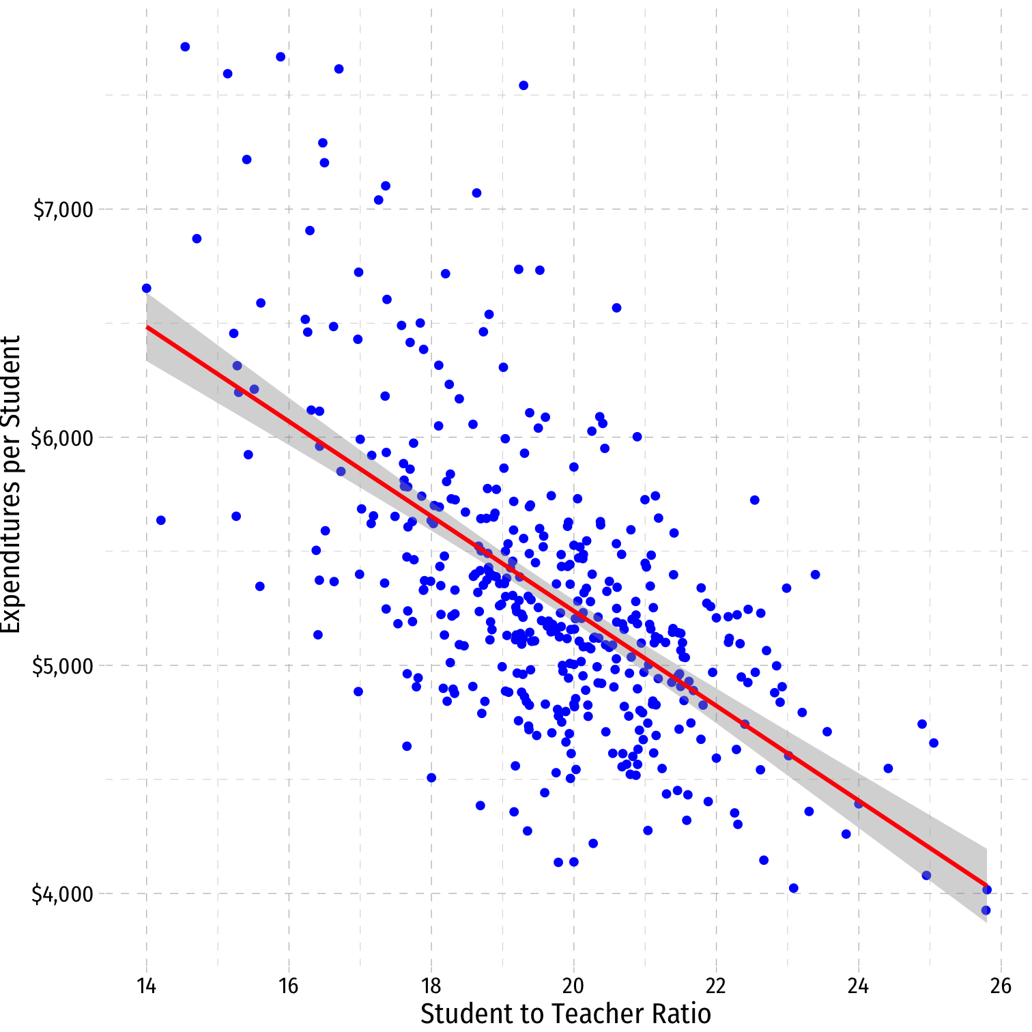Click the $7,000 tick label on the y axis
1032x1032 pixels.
63,210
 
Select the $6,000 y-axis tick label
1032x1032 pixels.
63,438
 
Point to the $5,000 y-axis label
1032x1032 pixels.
63,665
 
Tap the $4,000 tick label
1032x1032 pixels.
63,893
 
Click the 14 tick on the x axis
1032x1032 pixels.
146,986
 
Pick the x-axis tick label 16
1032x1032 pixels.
289,986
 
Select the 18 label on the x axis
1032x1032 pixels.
431,986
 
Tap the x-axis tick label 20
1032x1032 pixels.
573,986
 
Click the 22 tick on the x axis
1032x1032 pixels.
716,986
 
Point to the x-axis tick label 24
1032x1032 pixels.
859,986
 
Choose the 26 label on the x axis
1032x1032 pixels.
1001,986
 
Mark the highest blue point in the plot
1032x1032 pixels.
185,46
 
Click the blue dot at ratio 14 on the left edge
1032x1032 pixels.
146,288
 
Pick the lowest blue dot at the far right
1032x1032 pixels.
986,910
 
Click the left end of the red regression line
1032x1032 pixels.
147,327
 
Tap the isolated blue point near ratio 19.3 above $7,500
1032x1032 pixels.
524,85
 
